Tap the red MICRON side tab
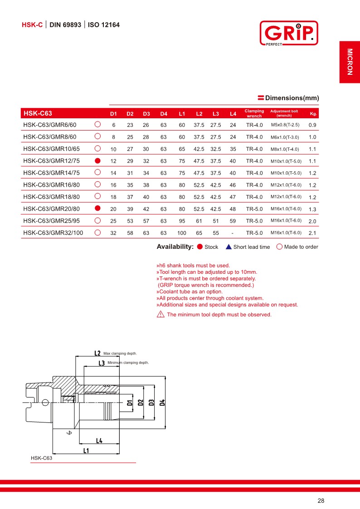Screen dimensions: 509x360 pos(350,62)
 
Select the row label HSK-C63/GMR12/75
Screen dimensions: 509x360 pos(51,161)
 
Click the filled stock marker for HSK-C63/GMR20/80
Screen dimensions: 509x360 pos(97,208)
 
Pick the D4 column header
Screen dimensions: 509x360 pos(164,113)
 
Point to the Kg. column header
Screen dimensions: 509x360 pos(313,113)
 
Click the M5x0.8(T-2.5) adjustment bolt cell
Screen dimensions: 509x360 pos(285,125)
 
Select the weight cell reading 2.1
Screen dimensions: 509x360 pos(312,233)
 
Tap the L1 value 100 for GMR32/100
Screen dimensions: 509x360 pos(182,233)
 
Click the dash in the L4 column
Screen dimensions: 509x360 pos(233,233)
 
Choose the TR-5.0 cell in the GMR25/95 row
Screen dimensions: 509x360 pos(254,221)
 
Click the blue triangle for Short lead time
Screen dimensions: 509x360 pos(229,247)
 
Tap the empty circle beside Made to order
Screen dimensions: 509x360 pos(279,247)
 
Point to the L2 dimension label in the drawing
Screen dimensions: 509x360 pos(97,353)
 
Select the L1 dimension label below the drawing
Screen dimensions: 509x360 pos(86,451)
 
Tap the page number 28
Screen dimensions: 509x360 pos(321,501)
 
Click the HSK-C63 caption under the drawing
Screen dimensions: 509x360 pos(42,458)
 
